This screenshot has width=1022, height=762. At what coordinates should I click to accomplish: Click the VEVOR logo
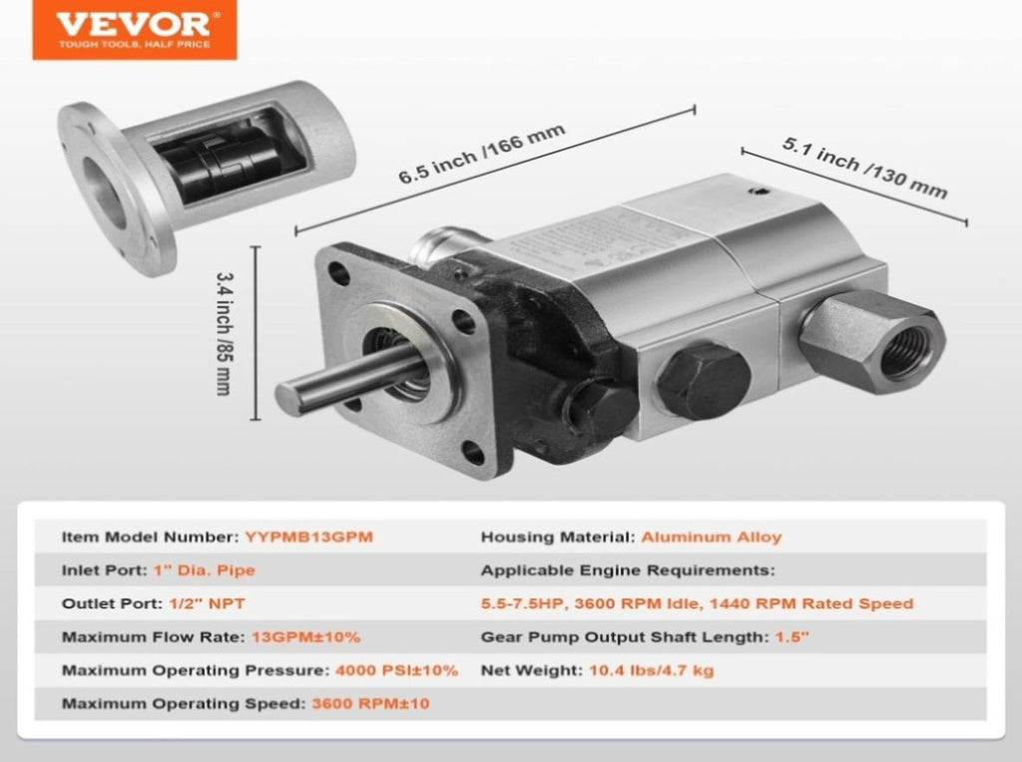135,29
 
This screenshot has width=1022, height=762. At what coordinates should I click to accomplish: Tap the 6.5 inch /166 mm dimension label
482,154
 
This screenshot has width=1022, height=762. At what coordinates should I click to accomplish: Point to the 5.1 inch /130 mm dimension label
865,168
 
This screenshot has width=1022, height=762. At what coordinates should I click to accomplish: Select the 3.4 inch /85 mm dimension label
225,333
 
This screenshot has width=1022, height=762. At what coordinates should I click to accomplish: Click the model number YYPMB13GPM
309,538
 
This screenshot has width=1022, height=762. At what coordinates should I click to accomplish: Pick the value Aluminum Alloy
711,538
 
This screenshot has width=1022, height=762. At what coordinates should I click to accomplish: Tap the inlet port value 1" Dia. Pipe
204,571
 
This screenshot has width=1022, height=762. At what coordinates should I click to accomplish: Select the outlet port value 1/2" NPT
208,603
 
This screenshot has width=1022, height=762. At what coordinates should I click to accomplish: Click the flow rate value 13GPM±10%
305,637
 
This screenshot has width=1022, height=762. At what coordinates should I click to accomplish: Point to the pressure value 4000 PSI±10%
396,670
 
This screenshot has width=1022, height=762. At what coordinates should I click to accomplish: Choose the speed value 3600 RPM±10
371,703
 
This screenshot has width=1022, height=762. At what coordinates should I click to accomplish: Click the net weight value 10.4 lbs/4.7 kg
652,670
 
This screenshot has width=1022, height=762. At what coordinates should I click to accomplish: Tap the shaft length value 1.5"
791,637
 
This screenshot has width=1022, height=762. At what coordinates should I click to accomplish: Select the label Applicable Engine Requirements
628,571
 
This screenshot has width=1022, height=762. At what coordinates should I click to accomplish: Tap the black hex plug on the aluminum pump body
703,381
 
